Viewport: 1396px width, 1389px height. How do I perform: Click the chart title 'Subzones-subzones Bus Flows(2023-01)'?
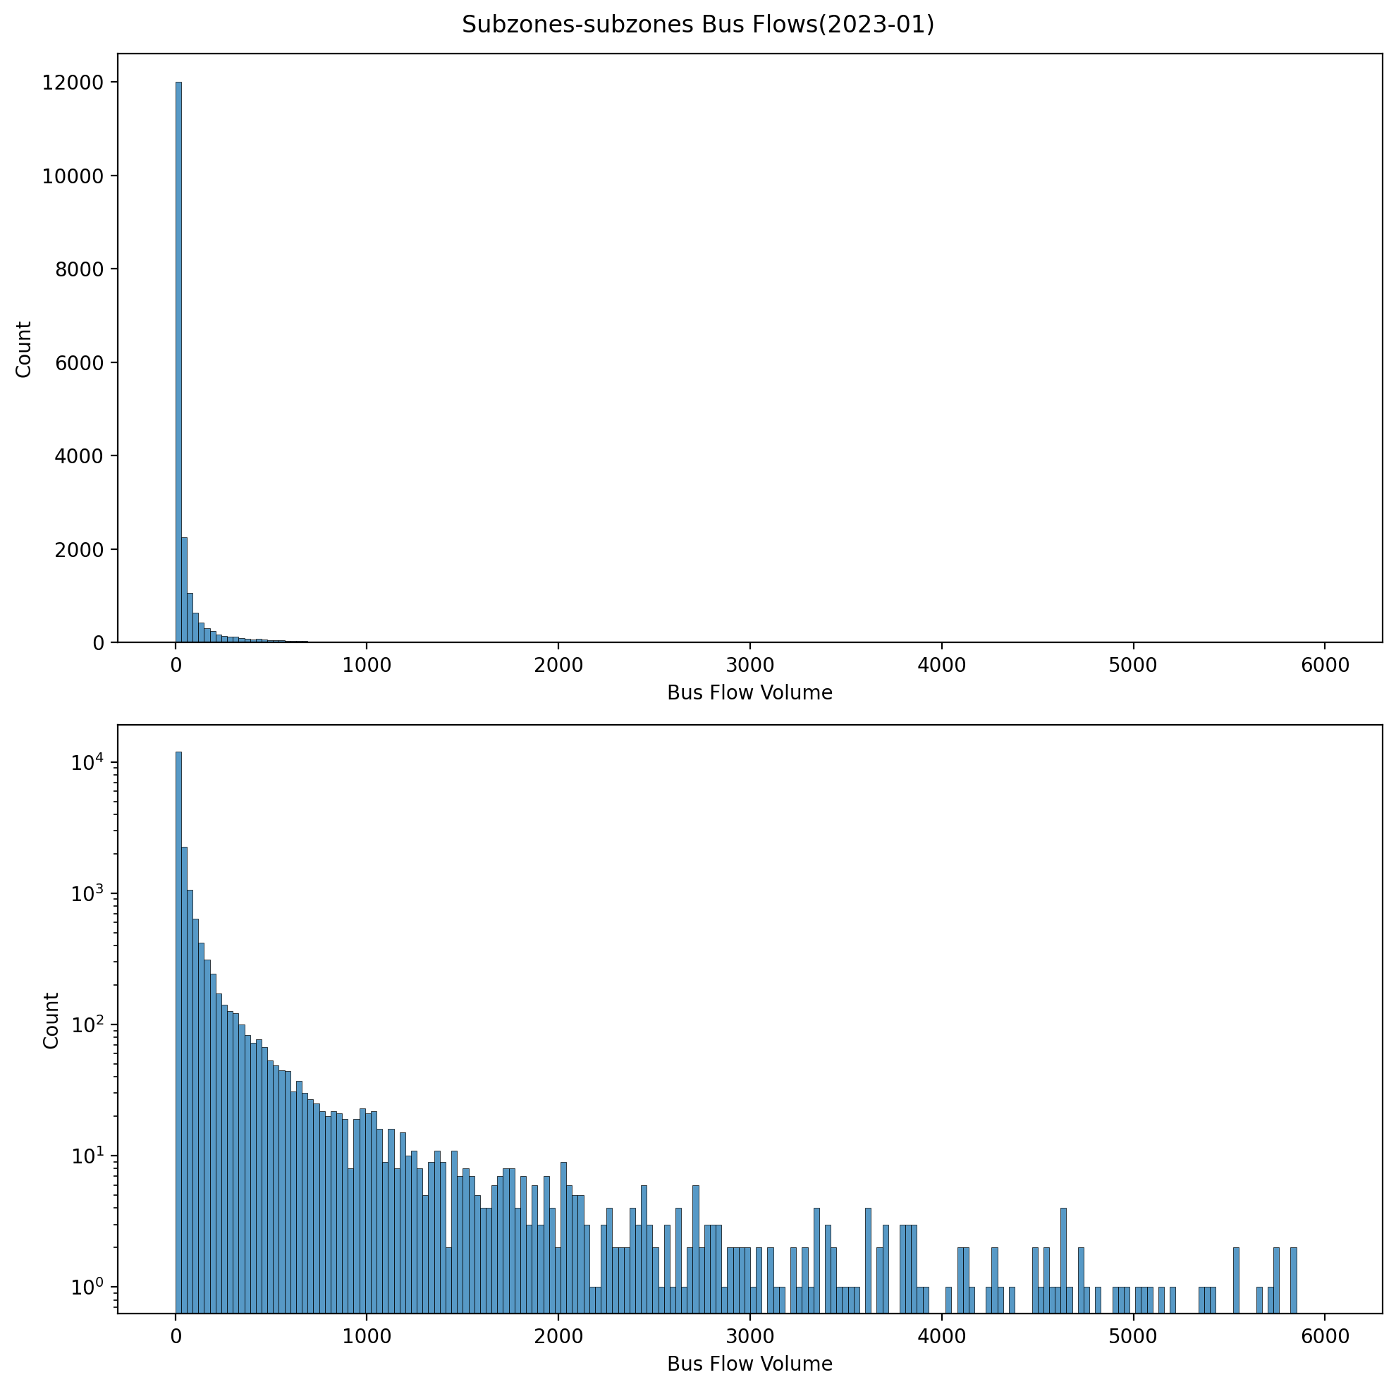pos(697,25)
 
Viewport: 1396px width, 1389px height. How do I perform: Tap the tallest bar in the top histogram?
pos(178,361)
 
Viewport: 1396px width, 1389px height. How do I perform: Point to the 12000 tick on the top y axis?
pos(72,82)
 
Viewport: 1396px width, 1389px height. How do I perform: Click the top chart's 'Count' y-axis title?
pos(24,349)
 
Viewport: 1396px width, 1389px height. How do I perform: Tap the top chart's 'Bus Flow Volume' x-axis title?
pos(749,693)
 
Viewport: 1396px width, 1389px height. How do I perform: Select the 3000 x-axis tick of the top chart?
pos(749,665)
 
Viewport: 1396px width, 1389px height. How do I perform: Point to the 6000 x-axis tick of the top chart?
pos(1324,665)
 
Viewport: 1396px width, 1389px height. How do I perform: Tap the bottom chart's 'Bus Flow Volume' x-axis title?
pos(749,1364)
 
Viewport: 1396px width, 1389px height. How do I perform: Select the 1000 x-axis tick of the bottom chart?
pos(367,1336)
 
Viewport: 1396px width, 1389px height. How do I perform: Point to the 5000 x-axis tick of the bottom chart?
pos(1132,1336)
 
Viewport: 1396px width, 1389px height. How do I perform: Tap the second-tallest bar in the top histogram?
pos(184,589)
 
